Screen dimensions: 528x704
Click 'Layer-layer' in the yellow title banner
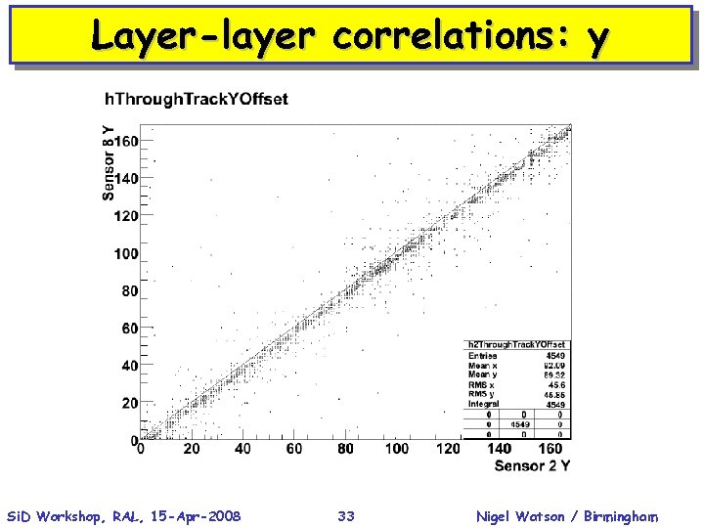(x=203, y=36)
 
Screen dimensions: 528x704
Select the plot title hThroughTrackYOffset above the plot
(x=197, y=99)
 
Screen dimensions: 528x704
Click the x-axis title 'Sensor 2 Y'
(x=532, y=465)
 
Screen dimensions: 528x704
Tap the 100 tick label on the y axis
(x=126, y=254)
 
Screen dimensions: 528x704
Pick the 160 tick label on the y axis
(x=126, y=142)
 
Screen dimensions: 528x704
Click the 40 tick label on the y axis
(x=130, y=366)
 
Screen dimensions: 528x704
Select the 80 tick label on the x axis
(x=345, y=449)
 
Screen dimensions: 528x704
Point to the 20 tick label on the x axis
(x=191, y=449)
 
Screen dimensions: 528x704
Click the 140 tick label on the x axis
(x=500, y=449)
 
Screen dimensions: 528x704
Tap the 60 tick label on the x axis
(x=294, y=449)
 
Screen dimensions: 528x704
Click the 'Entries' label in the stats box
(x=483, y=355)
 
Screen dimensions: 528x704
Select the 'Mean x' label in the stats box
(x=485, y=365)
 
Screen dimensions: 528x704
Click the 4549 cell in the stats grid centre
(x=520, y=424)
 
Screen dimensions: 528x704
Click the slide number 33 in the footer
(x=346, y=516)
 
